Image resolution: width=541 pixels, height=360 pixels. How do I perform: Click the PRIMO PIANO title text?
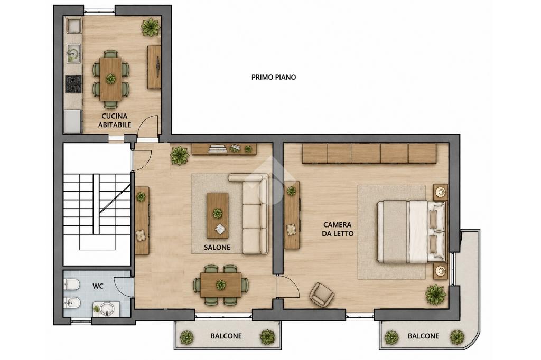[x=274, y=77]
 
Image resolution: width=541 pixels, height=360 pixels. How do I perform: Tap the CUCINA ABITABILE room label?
[x=115, y=120]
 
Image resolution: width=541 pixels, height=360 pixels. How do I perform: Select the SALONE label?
[x=217, y=247]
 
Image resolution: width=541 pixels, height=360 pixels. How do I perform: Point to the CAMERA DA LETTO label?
[x=338, y=229]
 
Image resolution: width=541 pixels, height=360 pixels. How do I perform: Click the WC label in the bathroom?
[x=98, y=286]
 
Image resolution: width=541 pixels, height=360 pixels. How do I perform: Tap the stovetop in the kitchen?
[x=73, y=84]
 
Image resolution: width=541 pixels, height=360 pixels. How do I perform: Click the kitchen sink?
[x=73, y=53]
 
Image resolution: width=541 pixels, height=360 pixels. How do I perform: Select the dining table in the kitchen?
[x=110, y=79]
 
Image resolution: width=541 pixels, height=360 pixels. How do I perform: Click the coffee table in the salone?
[x=217, y=215]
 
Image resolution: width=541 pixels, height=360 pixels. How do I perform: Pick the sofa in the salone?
[x=251, y=214]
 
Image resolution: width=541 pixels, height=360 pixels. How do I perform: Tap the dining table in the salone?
[x=221, y=285]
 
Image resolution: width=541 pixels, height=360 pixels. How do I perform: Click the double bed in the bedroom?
[x=411, y=232]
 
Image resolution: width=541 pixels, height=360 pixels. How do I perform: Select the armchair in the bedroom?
[x=322, y=295]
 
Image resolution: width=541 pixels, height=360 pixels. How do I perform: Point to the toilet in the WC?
[x=72, y=285]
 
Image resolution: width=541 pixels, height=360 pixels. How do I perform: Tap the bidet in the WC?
[x=72, y=303]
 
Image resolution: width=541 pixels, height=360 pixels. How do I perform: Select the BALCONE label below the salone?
[x=226, y=336]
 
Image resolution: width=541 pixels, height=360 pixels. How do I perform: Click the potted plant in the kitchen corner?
[x=151, y=27]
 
